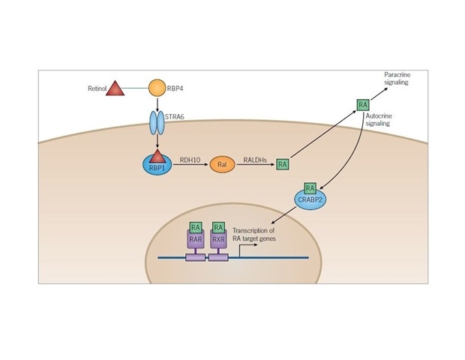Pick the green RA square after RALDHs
pyautogui.click(x=283, y=163)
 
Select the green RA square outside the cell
pyautogui.click(x=363, y=104)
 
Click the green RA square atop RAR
pyautogui.click(x=196, y=226)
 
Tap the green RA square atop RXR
pyautogui.click(x=218, y=226)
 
